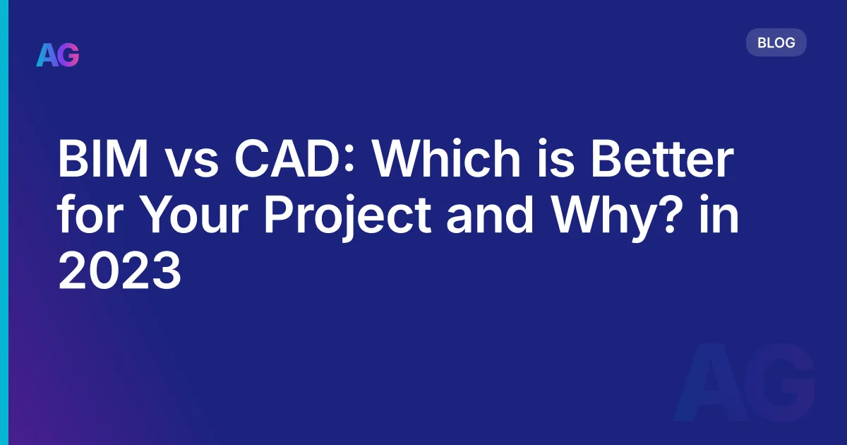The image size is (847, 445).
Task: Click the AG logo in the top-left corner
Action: coord(58,54)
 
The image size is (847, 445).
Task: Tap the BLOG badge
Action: coord(776,42)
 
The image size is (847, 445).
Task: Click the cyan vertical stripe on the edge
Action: coord(4,222)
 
